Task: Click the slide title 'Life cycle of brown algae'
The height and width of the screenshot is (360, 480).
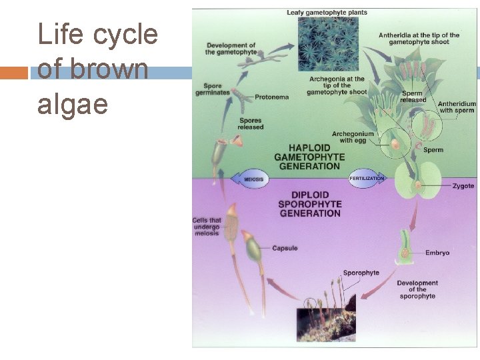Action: pos(98,69)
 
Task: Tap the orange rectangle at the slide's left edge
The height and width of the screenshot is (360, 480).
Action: pos(14,72)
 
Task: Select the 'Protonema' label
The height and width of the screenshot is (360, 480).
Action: pos(271,97)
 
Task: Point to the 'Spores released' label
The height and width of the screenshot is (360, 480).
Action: pos(251,123)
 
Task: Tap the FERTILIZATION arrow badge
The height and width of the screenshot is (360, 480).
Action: pos(367,178)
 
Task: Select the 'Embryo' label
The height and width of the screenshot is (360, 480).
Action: pos(437,253)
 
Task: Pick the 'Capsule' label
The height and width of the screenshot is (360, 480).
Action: pos(285,249)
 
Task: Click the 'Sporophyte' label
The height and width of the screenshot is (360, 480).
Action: pos(361,273)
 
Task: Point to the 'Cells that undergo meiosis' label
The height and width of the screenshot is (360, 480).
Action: pos(207,227)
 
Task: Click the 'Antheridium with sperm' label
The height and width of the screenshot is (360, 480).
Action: pos(457,107)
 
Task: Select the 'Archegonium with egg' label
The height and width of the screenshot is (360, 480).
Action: pos(353,137)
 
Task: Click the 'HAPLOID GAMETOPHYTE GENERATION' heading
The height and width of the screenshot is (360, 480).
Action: pos(309,157)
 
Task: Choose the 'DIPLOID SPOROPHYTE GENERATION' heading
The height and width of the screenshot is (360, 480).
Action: pos(309,204)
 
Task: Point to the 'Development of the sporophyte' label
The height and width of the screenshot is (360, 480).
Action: pos(417,289)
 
